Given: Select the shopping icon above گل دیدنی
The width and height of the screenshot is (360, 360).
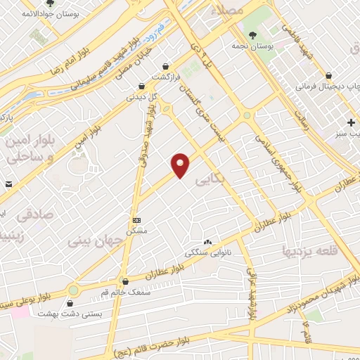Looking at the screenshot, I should [141, 86].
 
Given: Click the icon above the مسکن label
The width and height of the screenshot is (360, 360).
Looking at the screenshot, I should [136, 220].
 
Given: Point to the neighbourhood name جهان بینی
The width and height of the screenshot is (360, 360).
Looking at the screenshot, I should [95, 241].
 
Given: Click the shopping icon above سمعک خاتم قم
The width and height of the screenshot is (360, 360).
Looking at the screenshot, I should [124, 281].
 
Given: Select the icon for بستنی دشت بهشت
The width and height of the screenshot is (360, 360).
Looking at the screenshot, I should [70, 304].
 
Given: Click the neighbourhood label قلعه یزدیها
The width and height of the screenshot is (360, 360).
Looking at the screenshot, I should [311, 250].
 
